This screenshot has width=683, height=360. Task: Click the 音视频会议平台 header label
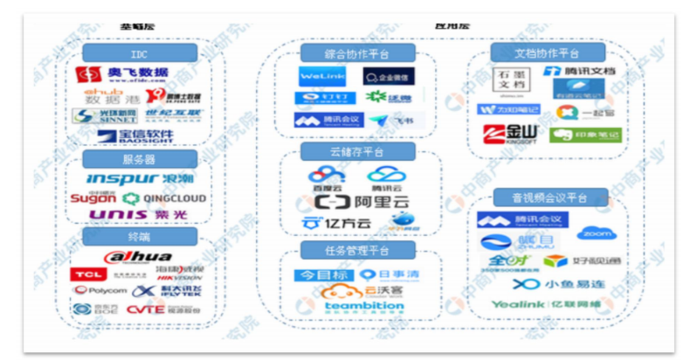550,197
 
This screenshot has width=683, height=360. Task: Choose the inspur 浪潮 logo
140,179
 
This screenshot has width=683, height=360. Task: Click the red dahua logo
140,256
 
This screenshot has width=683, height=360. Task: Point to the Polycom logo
99,290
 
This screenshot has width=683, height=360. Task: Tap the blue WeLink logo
324,77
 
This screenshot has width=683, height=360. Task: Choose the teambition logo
364,307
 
